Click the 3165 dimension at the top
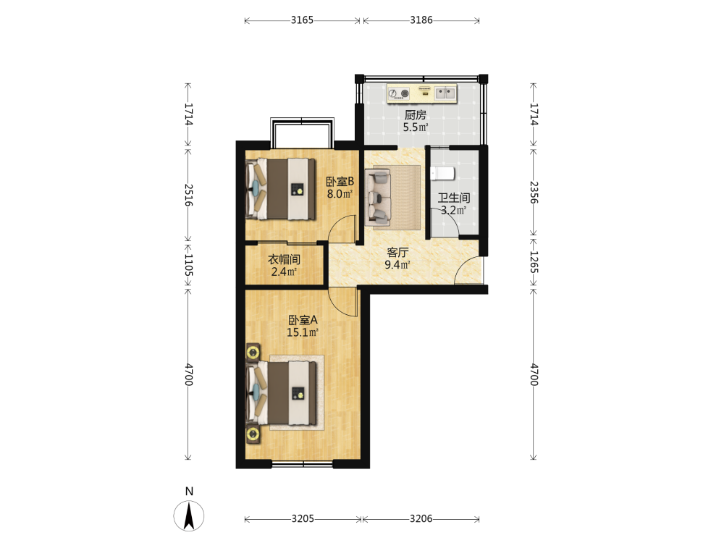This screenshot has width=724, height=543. pos(302,20)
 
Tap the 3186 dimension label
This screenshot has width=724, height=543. pos(421,20)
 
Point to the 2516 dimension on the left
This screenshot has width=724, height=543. pos(188,195)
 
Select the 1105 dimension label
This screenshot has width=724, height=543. pos(188,265)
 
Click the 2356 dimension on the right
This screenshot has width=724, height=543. pos(534,192)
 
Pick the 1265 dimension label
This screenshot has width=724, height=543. pos(534,262)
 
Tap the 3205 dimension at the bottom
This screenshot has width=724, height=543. pos(303,519)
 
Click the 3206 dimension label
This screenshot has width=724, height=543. pos(421,519)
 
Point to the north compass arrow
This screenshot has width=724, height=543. pos(189,515)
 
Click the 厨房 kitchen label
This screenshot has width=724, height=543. pos(415,115)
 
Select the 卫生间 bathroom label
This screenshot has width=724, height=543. pos(454,198)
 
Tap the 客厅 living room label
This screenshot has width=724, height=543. pos(397,253)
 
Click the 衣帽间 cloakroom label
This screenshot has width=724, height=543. pos(284,259)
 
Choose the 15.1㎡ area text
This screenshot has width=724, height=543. pos(303,332)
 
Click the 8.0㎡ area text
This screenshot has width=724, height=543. pos(340,194)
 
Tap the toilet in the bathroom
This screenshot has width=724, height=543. pos(442,174)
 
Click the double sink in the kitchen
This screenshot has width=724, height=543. pos(445,93)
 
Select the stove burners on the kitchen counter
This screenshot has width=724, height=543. pos(399,93)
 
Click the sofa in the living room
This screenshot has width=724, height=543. pos(378,198)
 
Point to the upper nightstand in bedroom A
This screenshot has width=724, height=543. pos(253,353)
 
